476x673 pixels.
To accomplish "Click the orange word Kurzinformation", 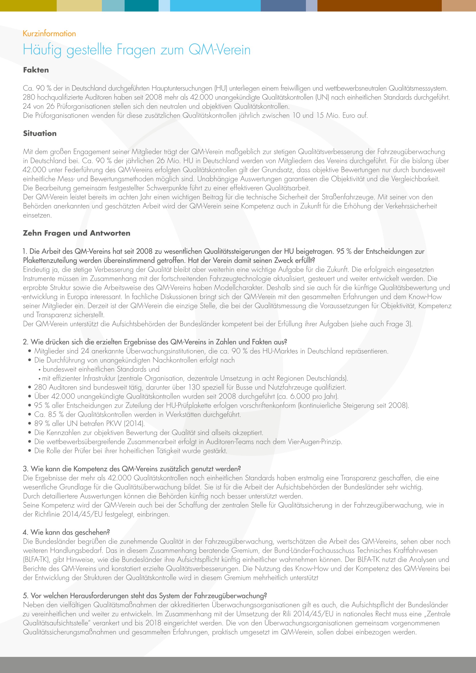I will (x=49, y=33).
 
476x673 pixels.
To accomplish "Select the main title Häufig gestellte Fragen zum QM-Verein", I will (x=137, y=50).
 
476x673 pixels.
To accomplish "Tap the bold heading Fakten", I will (x=36, y=70).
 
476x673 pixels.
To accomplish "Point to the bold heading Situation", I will (x=40, y=134).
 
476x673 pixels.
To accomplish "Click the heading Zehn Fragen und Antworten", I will (x=77, y=233).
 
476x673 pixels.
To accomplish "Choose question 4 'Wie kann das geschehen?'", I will (x=66, y=532).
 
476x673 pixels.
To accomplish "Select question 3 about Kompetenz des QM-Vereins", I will (x=132, y=469).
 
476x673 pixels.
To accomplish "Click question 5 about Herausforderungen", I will (x=145, y=596).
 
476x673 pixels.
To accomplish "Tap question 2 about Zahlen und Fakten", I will (x=155, y=342).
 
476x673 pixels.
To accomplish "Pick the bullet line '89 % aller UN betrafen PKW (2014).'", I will (x=90, y=423).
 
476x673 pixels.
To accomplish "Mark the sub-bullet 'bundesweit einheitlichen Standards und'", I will (x=101, y=369).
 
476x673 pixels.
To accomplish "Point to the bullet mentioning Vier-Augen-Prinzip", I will (x=188, y=441).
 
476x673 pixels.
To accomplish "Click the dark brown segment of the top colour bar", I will (x=379, y=5).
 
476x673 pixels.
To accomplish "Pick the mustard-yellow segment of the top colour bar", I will (x=28, y=5).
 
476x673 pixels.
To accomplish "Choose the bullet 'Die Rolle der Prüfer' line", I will (x=130, y=451).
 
